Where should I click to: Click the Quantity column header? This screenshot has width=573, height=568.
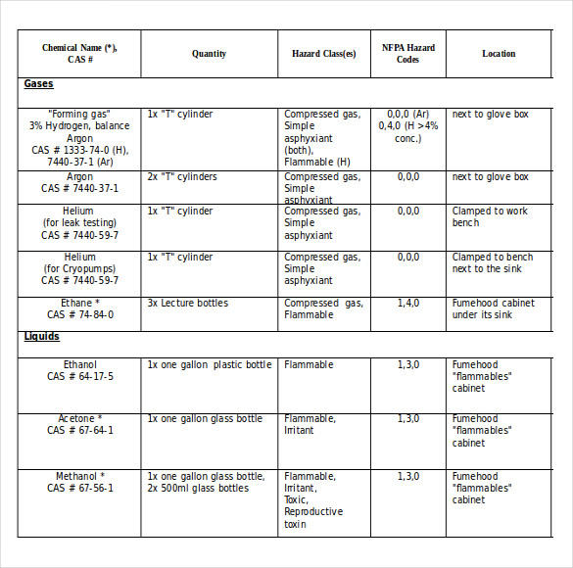click(x=209, y=54)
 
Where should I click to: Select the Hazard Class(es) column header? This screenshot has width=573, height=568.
click(x=323, y=54)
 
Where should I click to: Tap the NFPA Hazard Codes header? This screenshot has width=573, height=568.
click(x=407, y=54)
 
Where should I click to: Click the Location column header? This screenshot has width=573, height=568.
click(x=499, y=54)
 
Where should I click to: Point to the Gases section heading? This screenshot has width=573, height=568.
click(x=39, y=84)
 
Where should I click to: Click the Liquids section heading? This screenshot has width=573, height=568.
click(x=42, y=336)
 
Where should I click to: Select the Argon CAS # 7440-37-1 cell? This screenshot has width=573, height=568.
click(x=79, y=183)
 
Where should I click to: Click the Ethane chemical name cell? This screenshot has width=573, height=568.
click(x=79, y=309)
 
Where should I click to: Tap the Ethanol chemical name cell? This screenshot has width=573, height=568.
click(x=79, y=370)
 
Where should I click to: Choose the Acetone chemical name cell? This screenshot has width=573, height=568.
click(x=79, y=424)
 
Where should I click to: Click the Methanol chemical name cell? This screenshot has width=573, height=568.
click(x=79, y=482)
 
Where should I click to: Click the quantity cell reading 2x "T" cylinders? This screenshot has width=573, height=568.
click(x=182, y=177)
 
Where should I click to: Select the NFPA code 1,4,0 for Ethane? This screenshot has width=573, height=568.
click(x=407, y=304)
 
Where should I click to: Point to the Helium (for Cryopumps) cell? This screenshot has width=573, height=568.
click(x=79, y=268)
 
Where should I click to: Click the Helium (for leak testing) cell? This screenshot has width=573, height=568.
click(x=79, y=222)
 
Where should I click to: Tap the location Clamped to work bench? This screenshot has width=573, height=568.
click(x=490, y=216)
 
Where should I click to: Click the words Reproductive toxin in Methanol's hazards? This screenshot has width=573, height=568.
click(x=313, y=518)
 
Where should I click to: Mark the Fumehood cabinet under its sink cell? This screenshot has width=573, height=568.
click(x=493, y=309)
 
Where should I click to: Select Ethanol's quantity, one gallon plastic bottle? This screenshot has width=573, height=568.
click(x=210, y=365)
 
